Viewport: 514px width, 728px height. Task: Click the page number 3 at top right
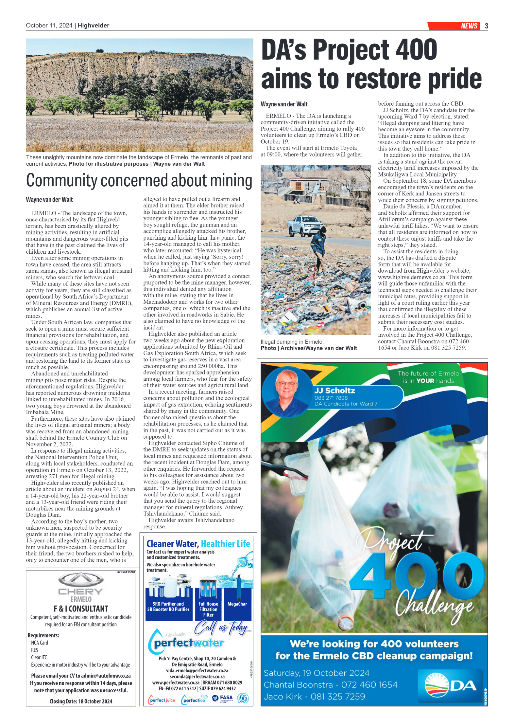pyautogui.click(x=486, y=26)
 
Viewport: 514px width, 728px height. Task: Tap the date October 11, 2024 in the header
pyautogui.click(x=49, y=26)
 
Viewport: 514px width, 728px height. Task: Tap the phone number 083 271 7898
pyautogui.click(x=331, y=398)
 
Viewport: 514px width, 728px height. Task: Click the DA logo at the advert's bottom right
pyautogui.click(x=451, y=685)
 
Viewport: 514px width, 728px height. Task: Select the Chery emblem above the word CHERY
pyautogui.click(x=81, y=579)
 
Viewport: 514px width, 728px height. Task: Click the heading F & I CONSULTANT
pyautogui.click(x=81, y=609)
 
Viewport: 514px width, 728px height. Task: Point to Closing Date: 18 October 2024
pyautogui.click(x=81, y=701)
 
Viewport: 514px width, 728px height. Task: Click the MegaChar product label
pyautogui.click(x=237, y=604)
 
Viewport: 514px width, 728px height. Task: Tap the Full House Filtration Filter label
pyautogui.click(x=208, y=609)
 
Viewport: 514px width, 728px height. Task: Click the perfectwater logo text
pyautogui.click(x=189, y=643)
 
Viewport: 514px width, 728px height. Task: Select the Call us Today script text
pyautogui.click(x=222, y=627)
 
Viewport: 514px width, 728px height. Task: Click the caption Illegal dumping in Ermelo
pyautogui.click(x=292, y=342)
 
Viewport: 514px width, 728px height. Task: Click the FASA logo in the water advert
pyautogui.click(x=223, y=698)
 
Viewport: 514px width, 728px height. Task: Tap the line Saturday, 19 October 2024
pyautogui.click(x=316, y=673)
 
